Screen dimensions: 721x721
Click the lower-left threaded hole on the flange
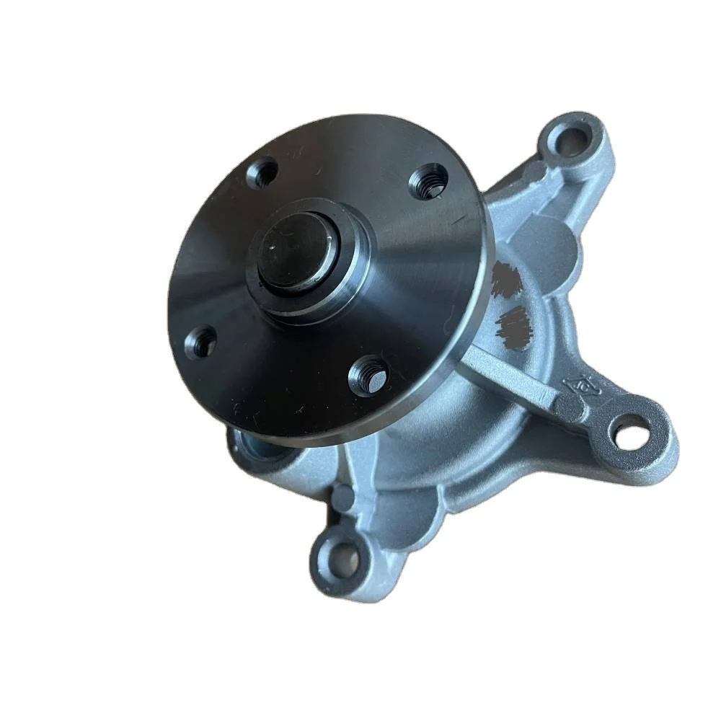[x=203, y=340]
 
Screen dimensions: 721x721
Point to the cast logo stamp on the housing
[x=578, y=390]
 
